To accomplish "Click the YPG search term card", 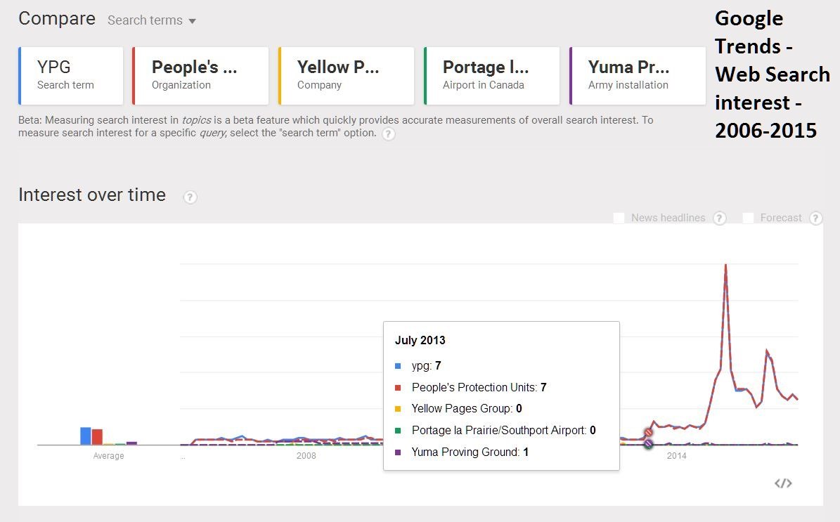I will tap(71, 75).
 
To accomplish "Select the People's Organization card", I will tap(200, 75).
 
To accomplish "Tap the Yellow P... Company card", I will tap(347, 75).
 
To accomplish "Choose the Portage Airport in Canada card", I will tap(491, 75).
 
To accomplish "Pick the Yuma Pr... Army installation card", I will tap(637, 75).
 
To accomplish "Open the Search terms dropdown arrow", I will tap(192, 21).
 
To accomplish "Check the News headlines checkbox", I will tap(619, 218).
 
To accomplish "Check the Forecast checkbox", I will tap(749, 218).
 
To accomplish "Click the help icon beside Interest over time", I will tap(190, 197).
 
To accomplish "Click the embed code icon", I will tap(783, 483).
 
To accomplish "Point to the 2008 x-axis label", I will tap(306, 456).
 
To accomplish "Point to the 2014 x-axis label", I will tap(676, 456).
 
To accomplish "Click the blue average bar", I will tap(86, 436).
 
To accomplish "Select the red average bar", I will tap(97, 437).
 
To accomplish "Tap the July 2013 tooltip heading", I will tap(420, 341).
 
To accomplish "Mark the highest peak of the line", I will tap(725, 266).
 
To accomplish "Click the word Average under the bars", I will tap(108, 456).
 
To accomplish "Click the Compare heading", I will tap(57, 19).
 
